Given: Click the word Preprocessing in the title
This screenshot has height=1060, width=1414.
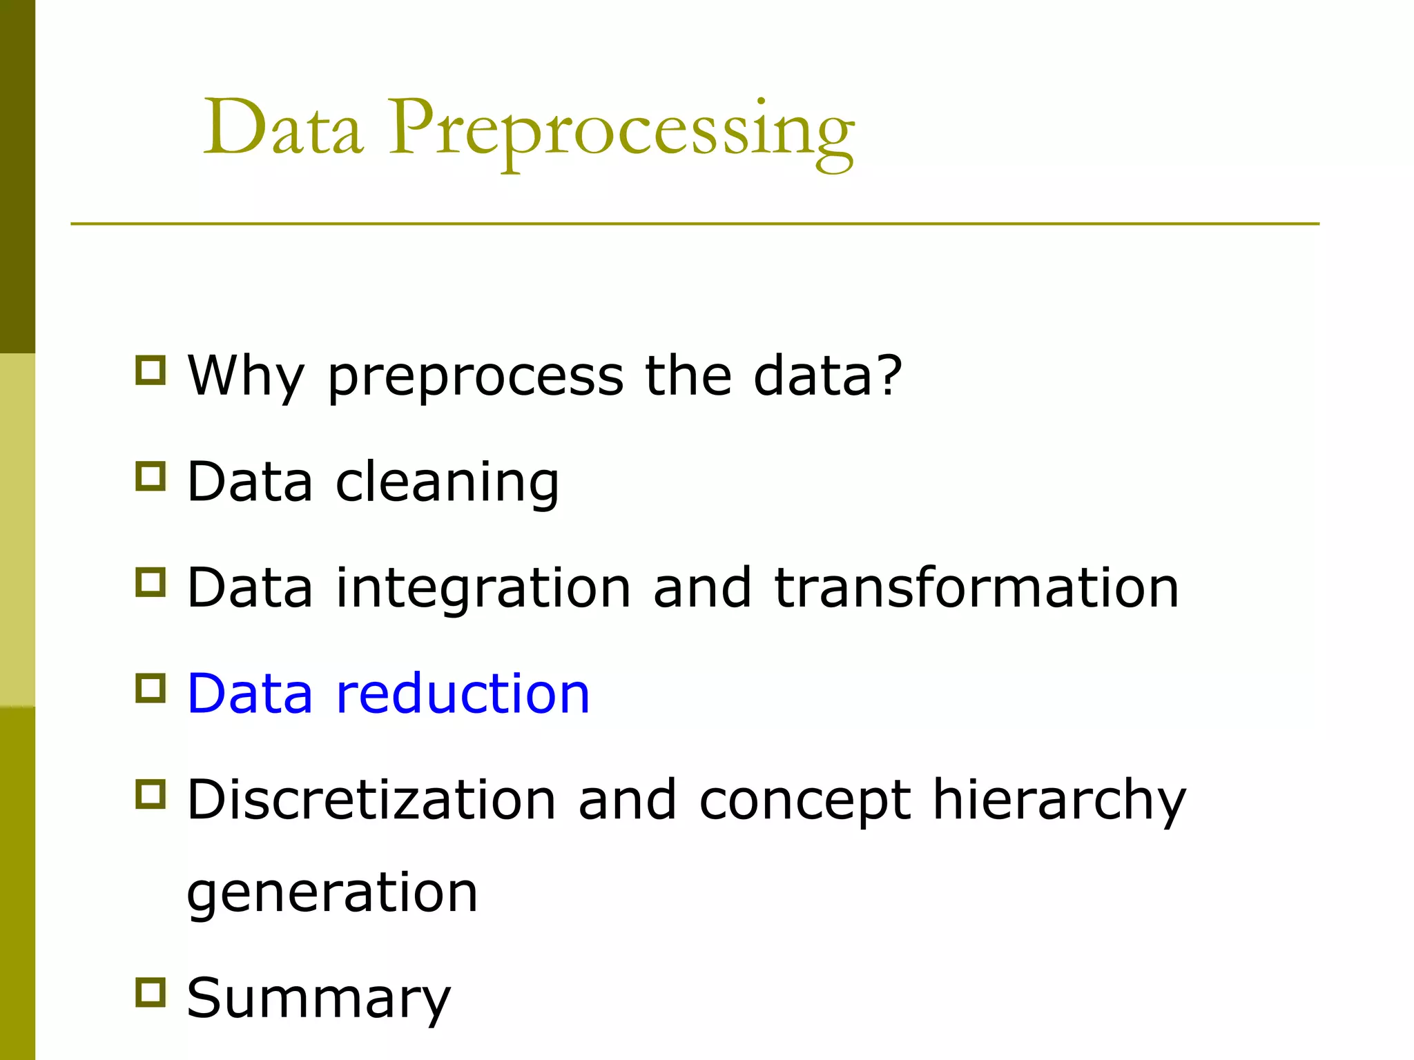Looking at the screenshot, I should pyautogui.click(x=621, y=131).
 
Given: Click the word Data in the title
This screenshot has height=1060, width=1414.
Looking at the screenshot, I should pyautogui.click(x=283, y=128).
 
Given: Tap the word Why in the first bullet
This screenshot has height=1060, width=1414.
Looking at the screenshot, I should pyautogui.click(x=245, y=376).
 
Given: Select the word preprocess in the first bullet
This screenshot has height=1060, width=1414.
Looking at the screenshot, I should pyautogui.click(x=475, y=378).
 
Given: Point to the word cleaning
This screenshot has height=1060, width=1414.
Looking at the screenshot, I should pyautogui.click(x=447, y=483).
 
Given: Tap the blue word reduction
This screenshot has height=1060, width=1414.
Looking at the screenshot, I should pyautogui.click(x=463, y=694).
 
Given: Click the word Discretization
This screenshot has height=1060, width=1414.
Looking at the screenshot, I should pyautogui.click(x=371, y=800).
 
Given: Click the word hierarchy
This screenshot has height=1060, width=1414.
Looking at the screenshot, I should pyautogui.click(x=1058, y=801).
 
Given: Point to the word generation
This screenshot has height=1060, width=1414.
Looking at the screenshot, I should pyautogui.click(x=332, y=894).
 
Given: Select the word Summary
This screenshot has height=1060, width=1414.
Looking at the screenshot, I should pyautogui.click(x=318, y=999).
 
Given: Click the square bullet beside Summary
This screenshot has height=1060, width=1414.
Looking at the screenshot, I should pyautogui.click(x=151, y=992).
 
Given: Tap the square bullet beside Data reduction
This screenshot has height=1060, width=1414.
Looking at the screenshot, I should pyautogui.click(x=151, y=688).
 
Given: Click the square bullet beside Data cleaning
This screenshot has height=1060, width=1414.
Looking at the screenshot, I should pyautogui.click(x=151, y=476).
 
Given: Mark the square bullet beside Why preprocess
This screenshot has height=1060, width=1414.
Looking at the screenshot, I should pyautogui.click(x=151, y=370).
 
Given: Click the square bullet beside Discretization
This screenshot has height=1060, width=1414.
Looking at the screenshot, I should pyautogui.click(x=151, y=794).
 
